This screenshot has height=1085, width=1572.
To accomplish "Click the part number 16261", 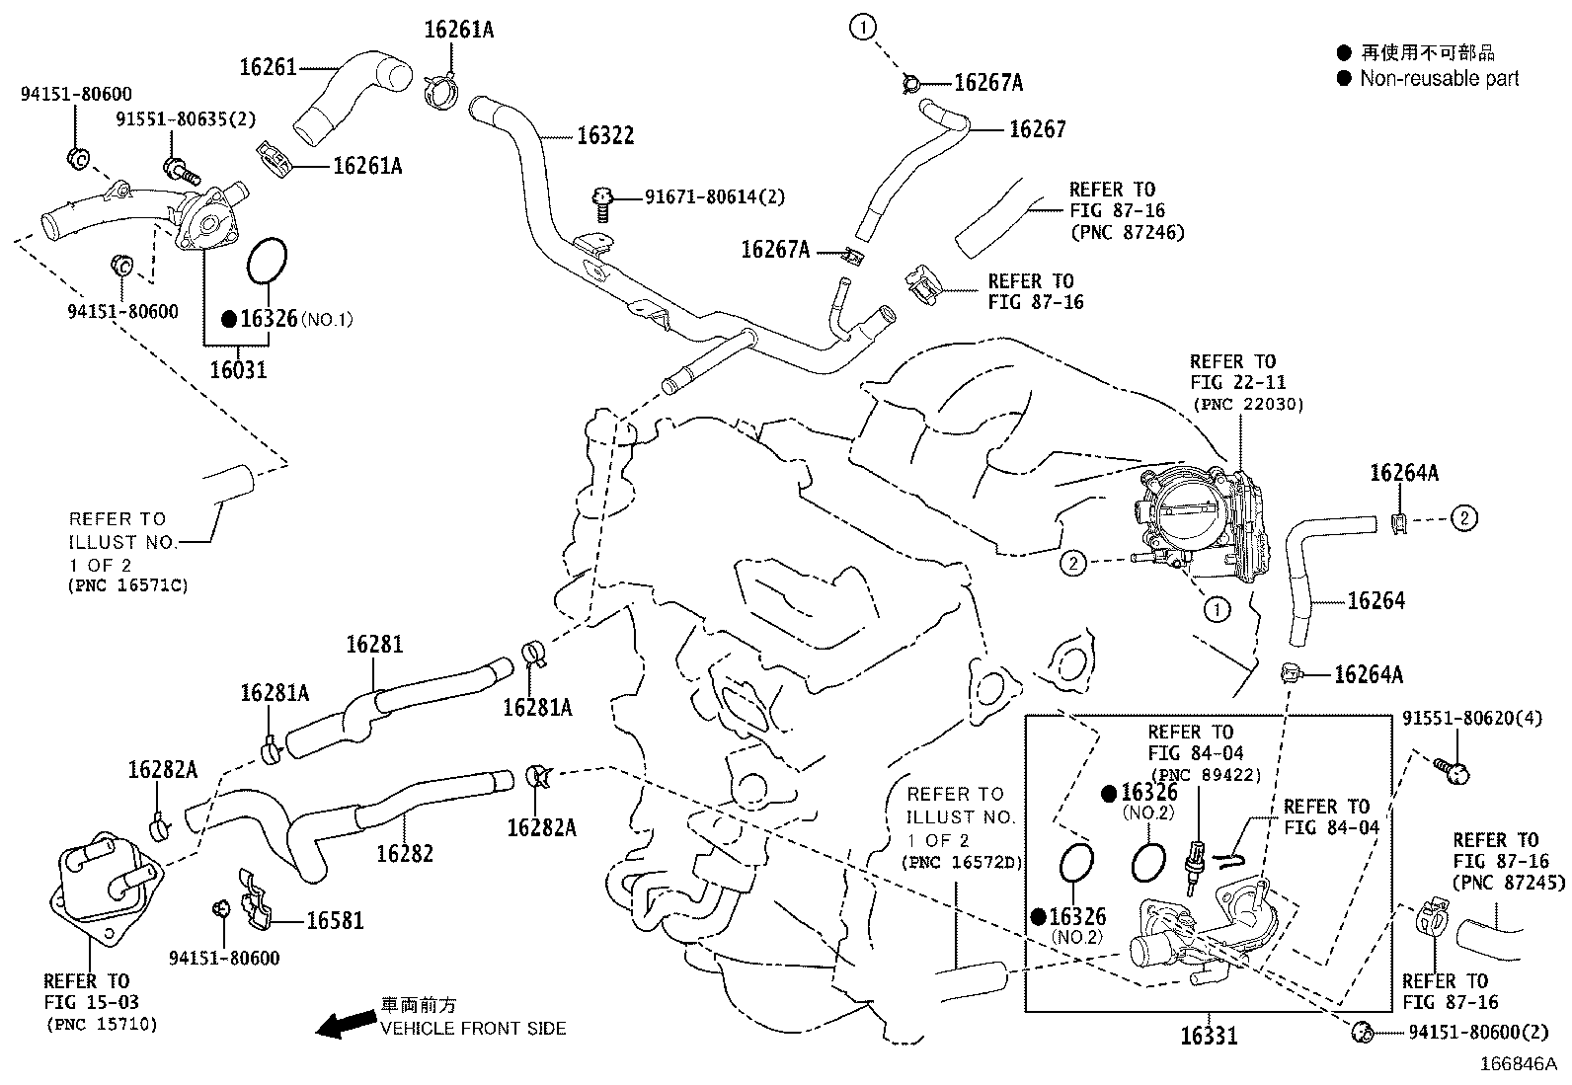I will pyautogui.click(x=268, y=67).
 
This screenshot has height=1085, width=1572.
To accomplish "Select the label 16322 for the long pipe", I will pyautogui.click(x=604, y=136).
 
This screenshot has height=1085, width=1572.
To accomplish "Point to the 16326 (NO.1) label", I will pyautogui.click(x=270, y=318).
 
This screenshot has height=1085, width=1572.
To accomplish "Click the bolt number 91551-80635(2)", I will pyautogui.click(x=186, y=119).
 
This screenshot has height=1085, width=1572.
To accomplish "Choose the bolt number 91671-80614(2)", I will pyautogui.click(x=715, y=197).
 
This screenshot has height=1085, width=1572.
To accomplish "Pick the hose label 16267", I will pyautogui.click(x=1037, y=129).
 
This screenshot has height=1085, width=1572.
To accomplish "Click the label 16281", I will pyautogui.click(x=374, y=645).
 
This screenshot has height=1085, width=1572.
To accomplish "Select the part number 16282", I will pyautogui.click(x=405, y=853).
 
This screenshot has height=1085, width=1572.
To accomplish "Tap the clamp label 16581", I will pyautogui.click(x=335, y=921).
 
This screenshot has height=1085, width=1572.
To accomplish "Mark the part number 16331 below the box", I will pyautogui.click(x=1209, y=1036).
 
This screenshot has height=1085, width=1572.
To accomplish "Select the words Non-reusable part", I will pyautogui.click(x=1439, y=79).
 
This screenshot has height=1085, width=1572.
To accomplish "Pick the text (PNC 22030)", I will pyautogui.click(x=1248, y=404).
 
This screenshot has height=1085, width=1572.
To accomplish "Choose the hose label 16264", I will pyautogui.click(x=1375, y=600).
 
